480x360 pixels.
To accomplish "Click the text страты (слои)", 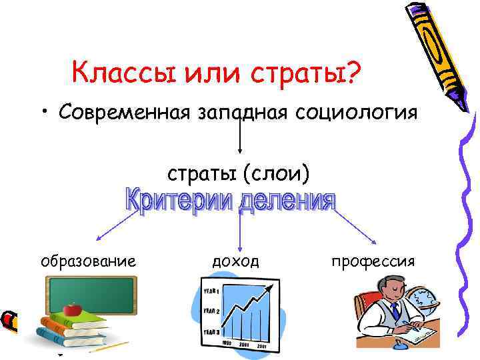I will (238, 175).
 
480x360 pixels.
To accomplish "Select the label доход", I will (235, 261).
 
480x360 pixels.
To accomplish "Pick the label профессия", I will (373, 261).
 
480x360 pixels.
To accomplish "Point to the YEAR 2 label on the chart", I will (212, 311).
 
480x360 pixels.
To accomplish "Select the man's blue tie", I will (395, 311).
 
